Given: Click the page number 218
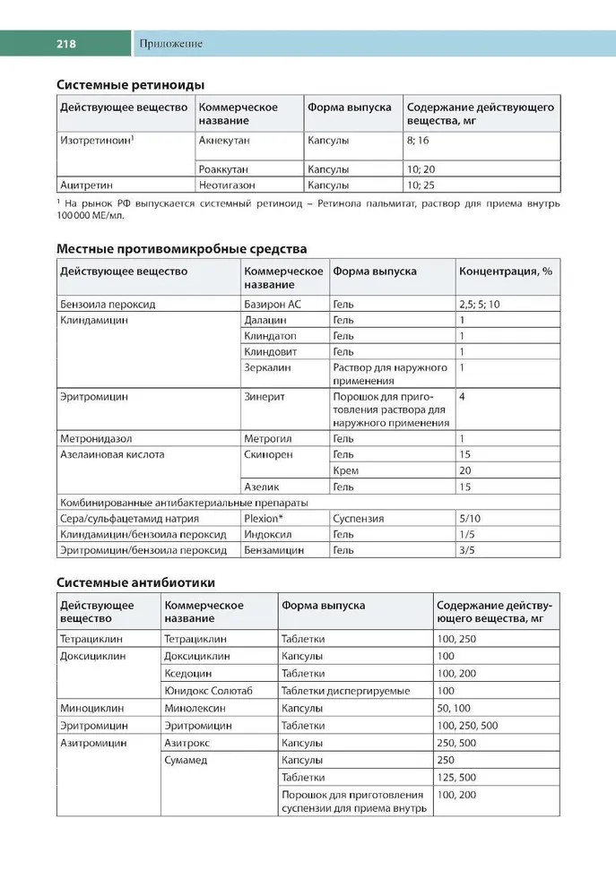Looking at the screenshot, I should pos(65,43).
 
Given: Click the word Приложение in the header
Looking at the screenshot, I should pos(170,43).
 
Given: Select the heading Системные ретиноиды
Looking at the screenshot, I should pos(131,84).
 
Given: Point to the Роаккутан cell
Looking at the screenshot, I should pos(224,168).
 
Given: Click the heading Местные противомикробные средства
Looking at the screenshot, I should pos(182,248).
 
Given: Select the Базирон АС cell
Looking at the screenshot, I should pos(273,305).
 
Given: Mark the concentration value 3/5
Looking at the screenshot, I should pos(466,550).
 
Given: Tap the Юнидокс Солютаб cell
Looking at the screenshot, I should pos(209,691).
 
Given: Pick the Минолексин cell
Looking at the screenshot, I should pos(195,708).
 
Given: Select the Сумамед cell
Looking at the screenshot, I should pos(186,760).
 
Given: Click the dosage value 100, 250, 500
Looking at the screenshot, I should pos(467,725).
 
